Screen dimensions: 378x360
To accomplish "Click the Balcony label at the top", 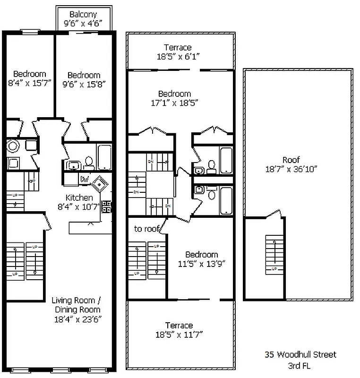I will [x=83, y=14].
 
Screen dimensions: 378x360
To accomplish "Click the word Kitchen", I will [x=79, y=198].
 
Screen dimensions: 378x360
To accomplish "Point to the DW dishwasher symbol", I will [x=85, y=179].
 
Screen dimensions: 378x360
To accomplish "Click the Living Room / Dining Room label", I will [x=76, y=305].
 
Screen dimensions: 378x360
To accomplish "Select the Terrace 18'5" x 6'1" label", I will [x=178, y=52].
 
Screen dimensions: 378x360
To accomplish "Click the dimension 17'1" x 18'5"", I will [x=175, y=103].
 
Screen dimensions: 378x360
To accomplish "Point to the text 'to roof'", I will [x=146, y=229].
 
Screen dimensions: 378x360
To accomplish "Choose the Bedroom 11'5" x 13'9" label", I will [x=202, y=259].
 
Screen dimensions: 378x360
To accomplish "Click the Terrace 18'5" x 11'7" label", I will [x=179, y=330].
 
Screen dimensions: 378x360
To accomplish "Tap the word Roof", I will [x=291, y=160].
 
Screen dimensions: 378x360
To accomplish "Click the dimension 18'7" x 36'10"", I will [x=291, y=169].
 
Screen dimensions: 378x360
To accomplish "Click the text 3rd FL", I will [x=300, y=366].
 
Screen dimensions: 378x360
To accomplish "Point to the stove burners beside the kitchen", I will [x=107, y=206].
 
